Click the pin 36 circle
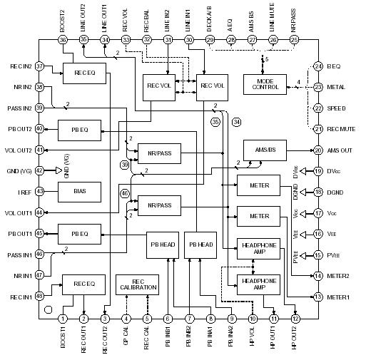point(63,40)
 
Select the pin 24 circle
point(318,67)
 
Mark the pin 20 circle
point(318,150)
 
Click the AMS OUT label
point(345,150)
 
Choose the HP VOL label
point(253,339)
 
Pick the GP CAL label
point(126,339)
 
